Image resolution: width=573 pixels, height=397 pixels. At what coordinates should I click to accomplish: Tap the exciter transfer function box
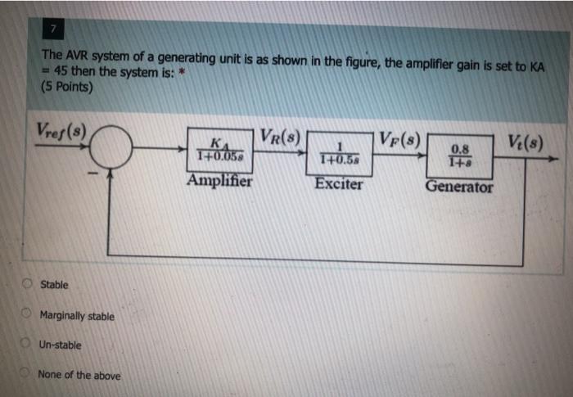[339, 154]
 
